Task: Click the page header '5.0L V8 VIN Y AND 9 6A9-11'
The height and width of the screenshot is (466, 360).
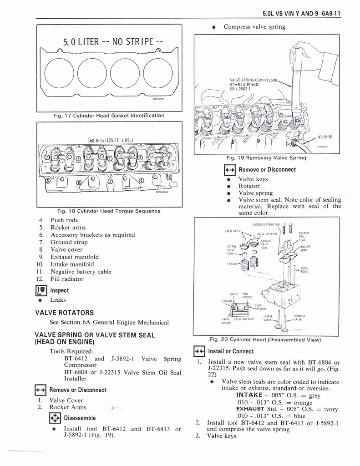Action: [302, 13]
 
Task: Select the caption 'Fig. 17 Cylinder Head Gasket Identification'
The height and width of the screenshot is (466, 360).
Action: [108, 116]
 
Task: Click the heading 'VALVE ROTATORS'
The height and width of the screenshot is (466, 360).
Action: [64, 313]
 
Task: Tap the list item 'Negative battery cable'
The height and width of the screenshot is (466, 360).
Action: [81, 272]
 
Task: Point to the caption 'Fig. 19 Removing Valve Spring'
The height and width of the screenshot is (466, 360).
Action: [266, 158]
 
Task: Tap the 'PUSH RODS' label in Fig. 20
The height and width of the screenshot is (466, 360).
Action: [305, 270]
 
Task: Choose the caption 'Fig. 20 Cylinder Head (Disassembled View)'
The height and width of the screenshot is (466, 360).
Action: [265, 339]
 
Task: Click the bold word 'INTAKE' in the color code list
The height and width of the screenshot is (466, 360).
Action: [246, 395]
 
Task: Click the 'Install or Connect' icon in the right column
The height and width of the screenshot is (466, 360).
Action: [200, 351]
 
